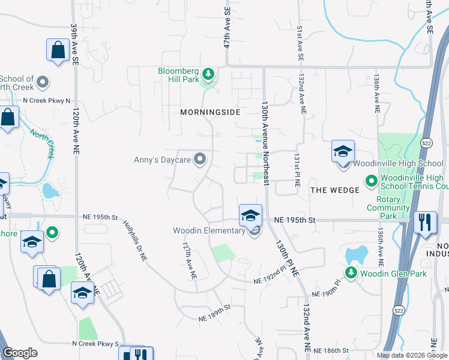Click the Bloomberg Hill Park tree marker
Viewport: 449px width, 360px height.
(x=208, y=74)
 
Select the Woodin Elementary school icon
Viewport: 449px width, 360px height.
(x=250, y=215)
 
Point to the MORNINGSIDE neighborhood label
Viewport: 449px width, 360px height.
(x=210, y=112)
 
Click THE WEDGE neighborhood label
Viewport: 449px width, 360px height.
(x=334, y=190)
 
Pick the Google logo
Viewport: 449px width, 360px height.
(x=20, y=353)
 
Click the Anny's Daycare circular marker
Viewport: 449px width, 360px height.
(x=200, y=159)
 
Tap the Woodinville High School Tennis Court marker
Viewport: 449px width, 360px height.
(x=371, y=180)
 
